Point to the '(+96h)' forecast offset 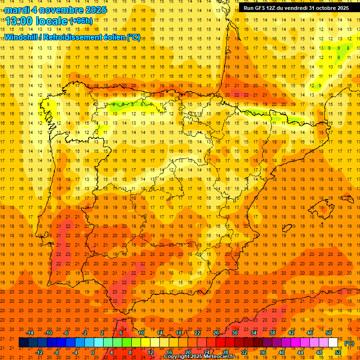pos(81,21)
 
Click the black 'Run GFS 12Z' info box pos(296,7)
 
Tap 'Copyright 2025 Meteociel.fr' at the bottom pos(199,357)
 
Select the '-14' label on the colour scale pos(30,333)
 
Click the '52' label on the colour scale pos(338,352)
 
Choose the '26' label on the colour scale pos(216,333)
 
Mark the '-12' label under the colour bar pos(39,352)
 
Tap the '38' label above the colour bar pos(272,333)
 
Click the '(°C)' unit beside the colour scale pos(349,343)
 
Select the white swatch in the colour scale pos(333,343)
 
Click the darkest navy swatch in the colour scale pos(23,343)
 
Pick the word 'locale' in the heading pos(52,21)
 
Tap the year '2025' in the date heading pos(94,10)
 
